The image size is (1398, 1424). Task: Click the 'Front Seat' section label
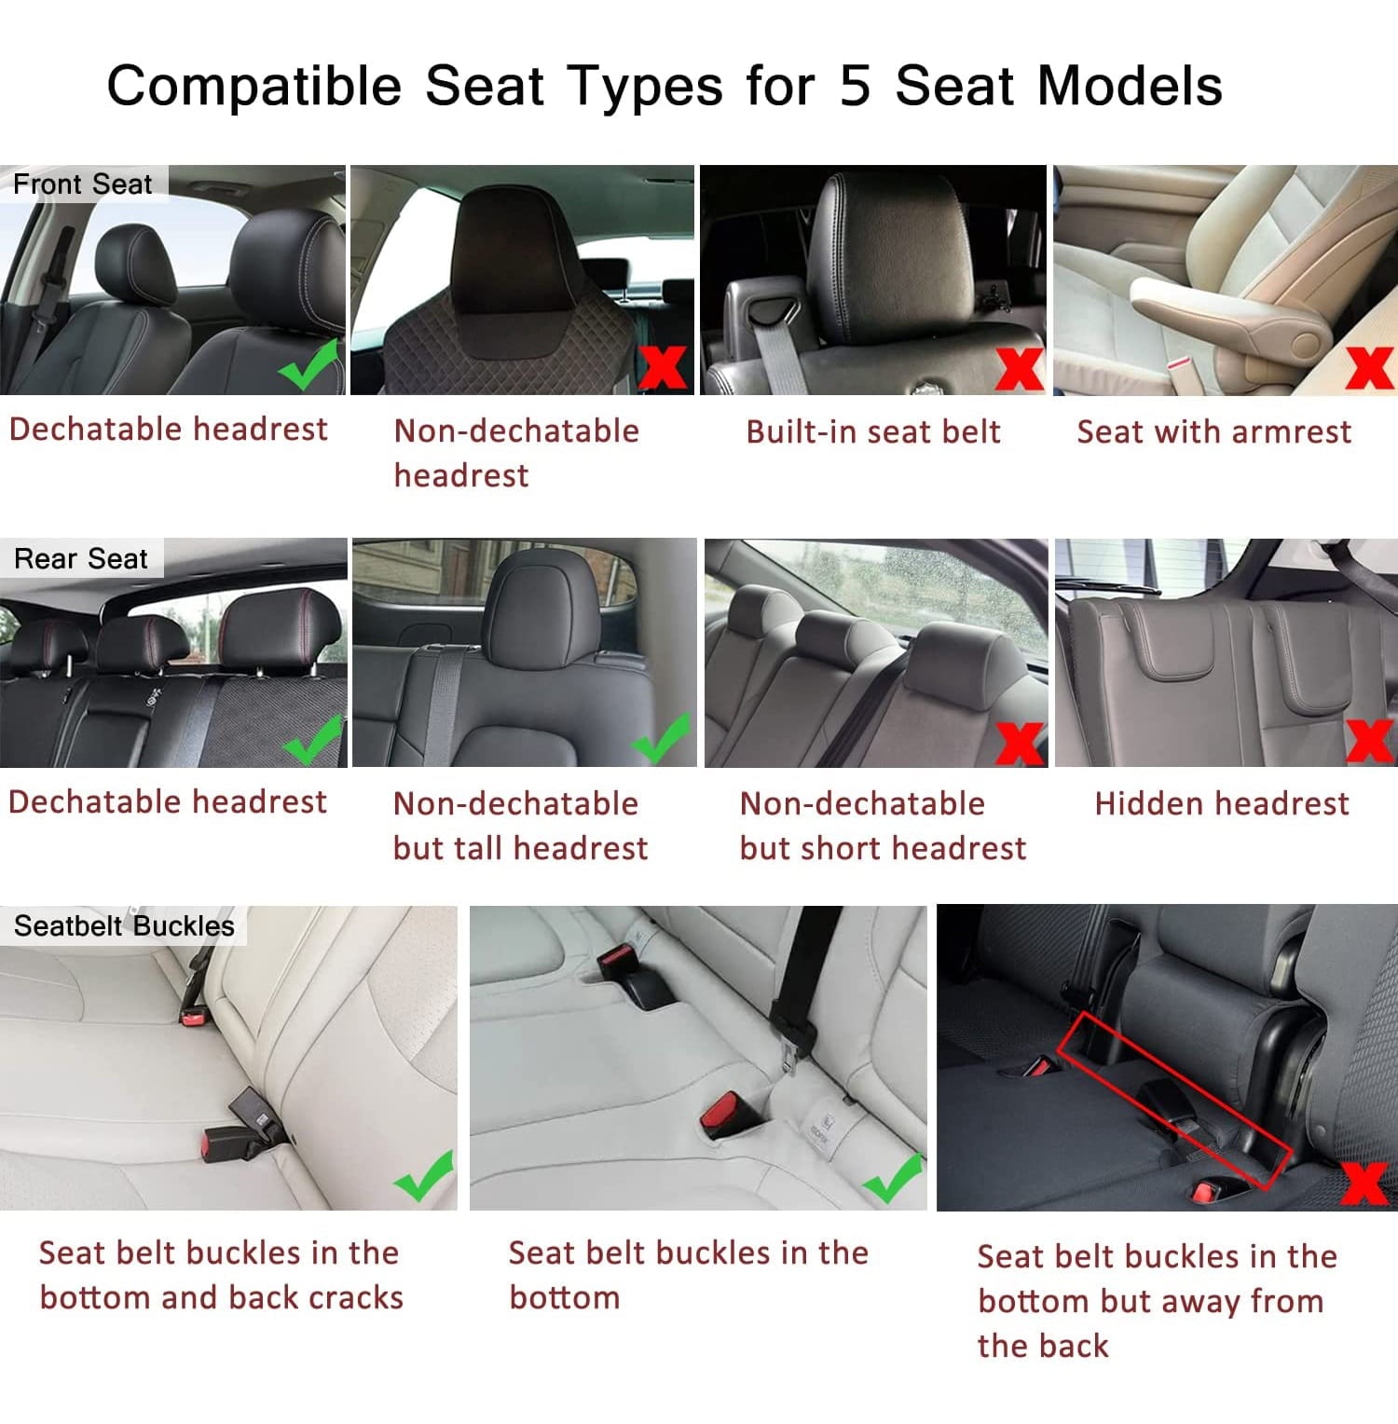point(82,185)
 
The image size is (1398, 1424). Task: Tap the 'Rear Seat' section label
point(81,558)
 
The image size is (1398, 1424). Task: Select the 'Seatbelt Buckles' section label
point(124,925)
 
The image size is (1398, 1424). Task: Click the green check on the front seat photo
point(308,365)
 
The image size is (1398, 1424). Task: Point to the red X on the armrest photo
point(1369,367)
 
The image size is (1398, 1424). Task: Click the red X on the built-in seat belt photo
point(1019,369)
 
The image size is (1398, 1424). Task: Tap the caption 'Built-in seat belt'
point(873,431)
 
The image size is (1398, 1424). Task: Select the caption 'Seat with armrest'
point(1213,431)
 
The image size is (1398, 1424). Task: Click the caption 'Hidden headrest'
point(1222,803)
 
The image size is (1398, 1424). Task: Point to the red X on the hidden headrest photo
point(1370,741)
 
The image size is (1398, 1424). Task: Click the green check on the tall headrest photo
point(662,738)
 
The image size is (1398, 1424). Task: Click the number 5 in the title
point(855,86)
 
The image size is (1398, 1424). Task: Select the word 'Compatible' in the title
point(254,86)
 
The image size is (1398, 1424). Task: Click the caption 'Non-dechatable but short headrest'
point(883,826)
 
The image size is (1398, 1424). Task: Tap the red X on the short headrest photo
point(1020,744)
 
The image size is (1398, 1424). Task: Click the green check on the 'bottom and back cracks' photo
point(424,1175)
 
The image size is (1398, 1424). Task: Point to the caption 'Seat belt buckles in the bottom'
point(688,1275)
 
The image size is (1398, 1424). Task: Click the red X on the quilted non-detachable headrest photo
point(663,367)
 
